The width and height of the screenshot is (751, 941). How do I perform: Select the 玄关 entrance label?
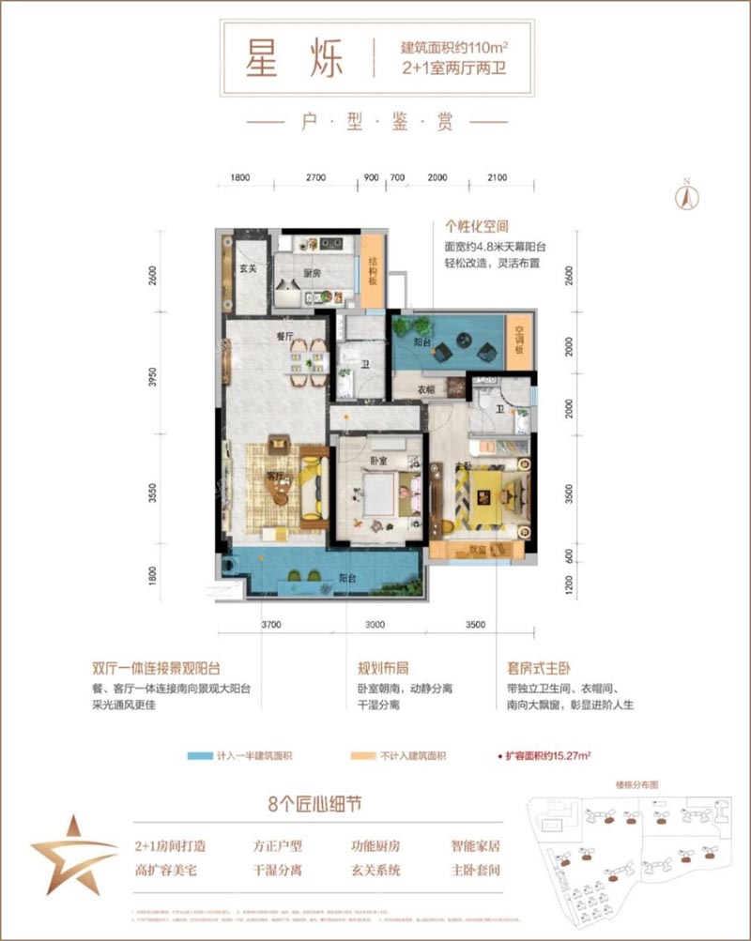(248, 271)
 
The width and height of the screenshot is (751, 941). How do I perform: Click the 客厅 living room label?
(274, 476)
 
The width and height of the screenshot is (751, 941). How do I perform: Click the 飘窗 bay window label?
(479, 551)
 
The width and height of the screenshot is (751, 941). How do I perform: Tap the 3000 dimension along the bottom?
(376, 624)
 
